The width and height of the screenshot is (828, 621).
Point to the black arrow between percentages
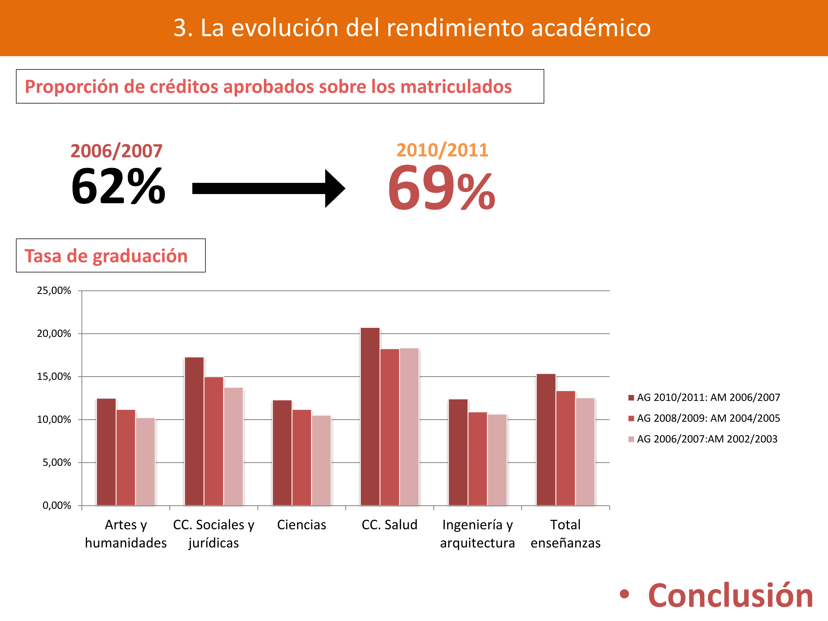click(x=268, y=188)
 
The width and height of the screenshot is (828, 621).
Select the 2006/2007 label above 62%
click(x=116, y=151)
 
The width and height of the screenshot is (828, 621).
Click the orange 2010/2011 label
click(x=442, y=150)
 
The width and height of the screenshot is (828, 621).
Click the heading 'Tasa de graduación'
click(x=106, y=256)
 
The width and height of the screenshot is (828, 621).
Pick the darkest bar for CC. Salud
click(x=370, y=416)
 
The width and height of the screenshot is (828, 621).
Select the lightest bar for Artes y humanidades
click(x=145, y=461)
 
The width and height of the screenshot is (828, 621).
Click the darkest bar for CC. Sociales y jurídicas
click(x=194, y=431)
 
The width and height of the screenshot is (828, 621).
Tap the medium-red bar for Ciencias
click(x=302, y=457)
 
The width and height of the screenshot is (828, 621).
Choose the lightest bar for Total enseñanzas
click(x=585, y=452)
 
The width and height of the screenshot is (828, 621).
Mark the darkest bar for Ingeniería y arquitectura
click(x=458, y=452)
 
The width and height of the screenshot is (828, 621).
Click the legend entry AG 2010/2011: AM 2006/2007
click(x=708, y=397)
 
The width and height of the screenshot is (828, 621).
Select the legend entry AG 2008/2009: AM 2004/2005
click(x=708, y=418)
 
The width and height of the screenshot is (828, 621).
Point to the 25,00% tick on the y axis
click(x=54, y=290)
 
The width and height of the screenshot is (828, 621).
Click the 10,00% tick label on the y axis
click(x=54, y=420)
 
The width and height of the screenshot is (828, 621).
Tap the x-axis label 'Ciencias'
click(x=301, y=525)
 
